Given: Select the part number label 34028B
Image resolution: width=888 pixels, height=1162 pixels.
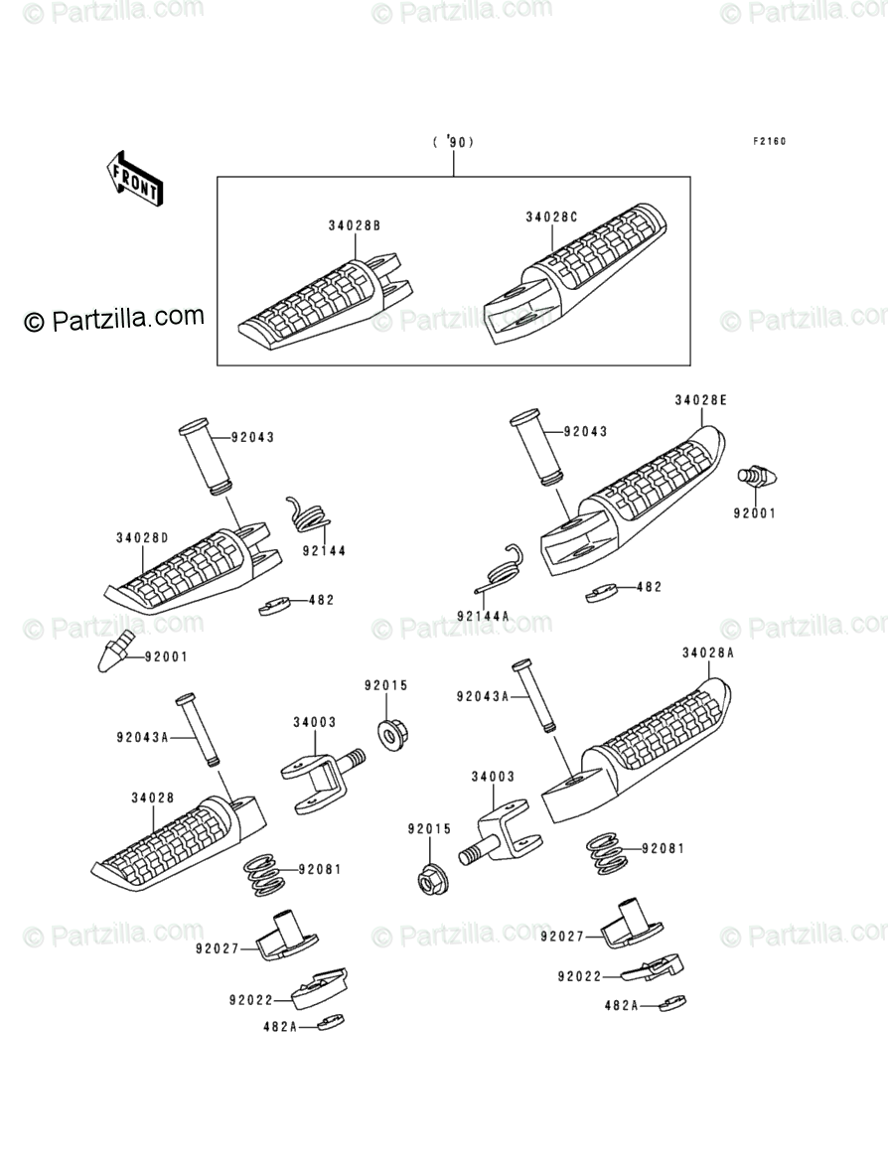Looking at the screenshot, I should coord(355,226).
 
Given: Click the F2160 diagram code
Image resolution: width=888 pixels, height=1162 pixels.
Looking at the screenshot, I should coord(768,141).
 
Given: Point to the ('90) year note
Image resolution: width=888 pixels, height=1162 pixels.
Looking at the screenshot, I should coord(453,142).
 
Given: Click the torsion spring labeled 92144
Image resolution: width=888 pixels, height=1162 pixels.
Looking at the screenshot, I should coord(309,515).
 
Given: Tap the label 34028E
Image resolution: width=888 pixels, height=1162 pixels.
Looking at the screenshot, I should coord(701,400).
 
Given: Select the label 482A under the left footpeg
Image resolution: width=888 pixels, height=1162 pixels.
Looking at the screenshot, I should coord(280,1026).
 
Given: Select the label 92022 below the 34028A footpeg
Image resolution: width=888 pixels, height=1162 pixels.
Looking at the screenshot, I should coord(580,976).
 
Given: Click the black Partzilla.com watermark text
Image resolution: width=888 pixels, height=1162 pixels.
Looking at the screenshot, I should coord(113,318).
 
